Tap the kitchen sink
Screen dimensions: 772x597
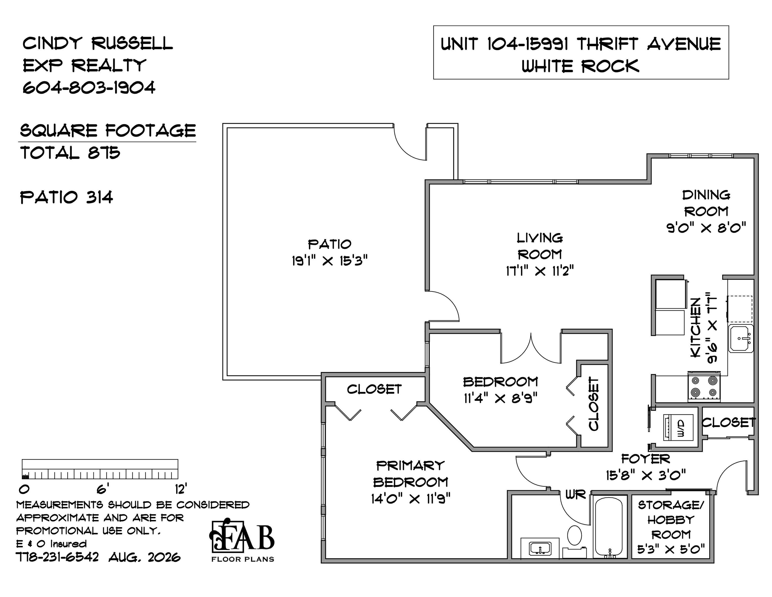click(x=741, y=338)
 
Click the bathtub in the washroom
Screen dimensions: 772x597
click(x=609, y=527)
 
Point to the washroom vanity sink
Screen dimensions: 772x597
click(x=540, y=549)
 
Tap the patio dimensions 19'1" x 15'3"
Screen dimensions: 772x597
click(x=329, y=261)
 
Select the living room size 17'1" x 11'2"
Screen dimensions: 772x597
click(x=539, y=271)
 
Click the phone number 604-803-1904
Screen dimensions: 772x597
click(x=89, y=87)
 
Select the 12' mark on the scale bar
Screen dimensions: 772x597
click(x=181, y=489)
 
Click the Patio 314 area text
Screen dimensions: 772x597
click(x=67, y=197)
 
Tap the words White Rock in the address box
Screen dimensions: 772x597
click(x=580, y=66)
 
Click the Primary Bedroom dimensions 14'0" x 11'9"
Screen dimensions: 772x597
click(x=411, y=499)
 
